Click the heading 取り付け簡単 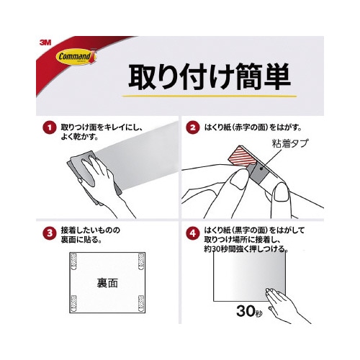click(x=209, y=74)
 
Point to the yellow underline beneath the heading click(x=209, y=94)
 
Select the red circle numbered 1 click(x=49, y=128)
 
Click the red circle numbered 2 click(x=192, y=128)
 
